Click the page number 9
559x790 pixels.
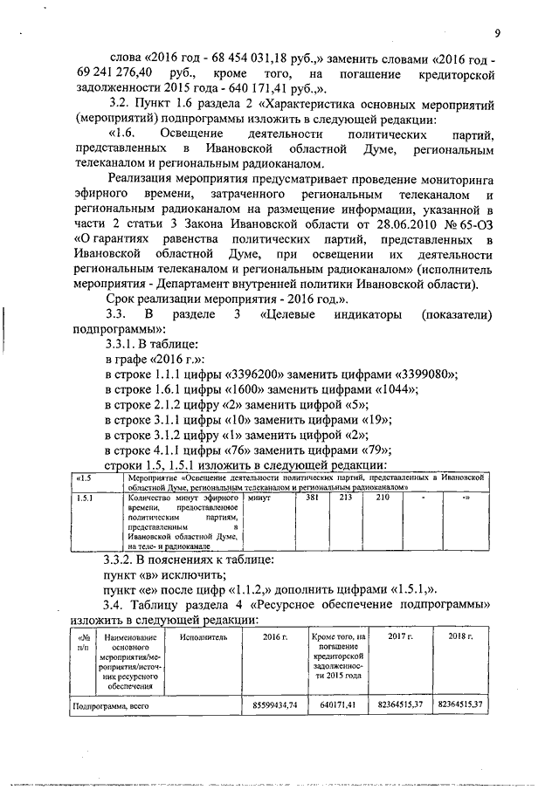[x=496, y=34]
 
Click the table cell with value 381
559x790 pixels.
[x=312, y=497]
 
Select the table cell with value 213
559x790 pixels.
[x=345, y=497]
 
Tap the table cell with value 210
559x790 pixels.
[x=382, y=497]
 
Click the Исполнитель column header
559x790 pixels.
[x=204, y=638]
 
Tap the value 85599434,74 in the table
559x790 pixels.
[x=275, y=703]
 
